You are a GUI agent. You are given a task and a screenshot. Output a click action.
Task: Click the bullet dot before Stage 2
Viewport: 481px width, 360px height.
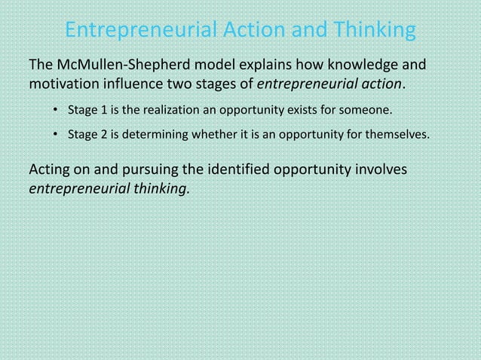point(56,136)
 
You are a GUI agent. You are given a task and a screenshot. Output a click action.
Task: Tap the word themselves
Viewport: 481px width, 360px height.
point(399,136)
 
